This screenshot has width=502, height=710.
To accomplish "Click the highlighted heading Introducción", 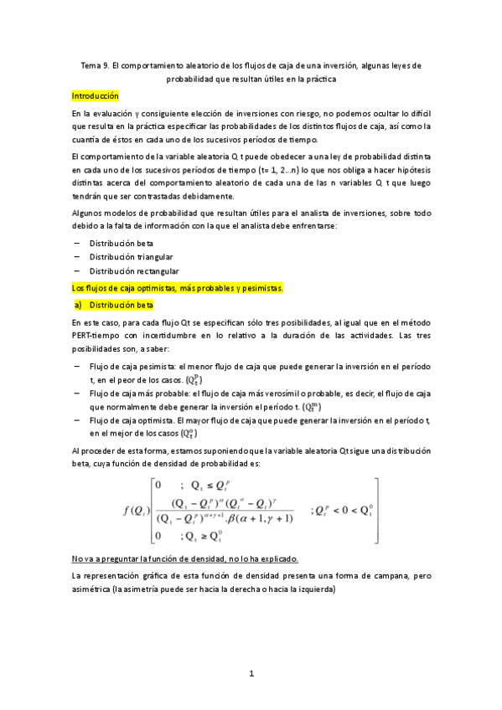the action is tap(96, 96).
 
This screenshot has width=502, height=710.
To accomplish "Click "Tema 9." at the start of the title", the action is tap(96, 64).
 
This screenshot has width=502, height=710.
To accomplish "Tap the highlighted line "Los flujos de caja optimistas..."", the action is tap(178, 288).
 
